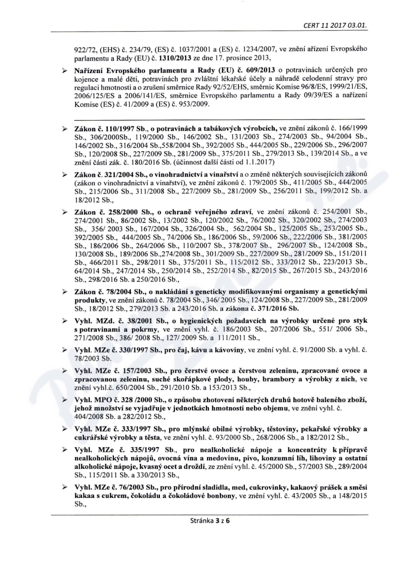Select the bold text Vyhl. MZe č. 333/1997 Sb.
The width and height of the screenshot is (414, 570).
coord(117,431)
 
